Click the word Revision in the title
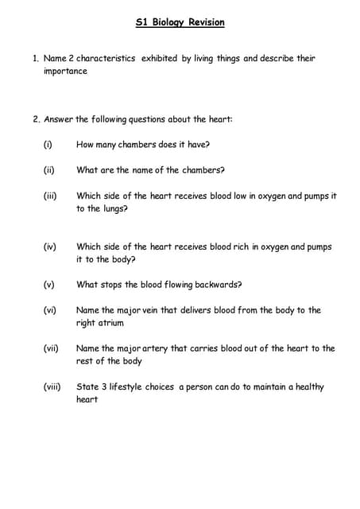click(206, 23)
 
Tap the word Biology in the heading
click(168, 23)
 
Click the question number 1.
click(36, 59)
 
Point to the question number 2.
click(36, 119)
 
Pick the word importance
click(65, 72)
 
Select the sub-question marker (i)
click(48, 145)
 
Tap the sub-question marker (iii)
click(50, 196)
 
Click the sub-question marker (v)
click(49, 285)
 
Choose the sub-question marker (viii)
click(52, 387)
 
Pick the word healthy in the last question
click(308, 387)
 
